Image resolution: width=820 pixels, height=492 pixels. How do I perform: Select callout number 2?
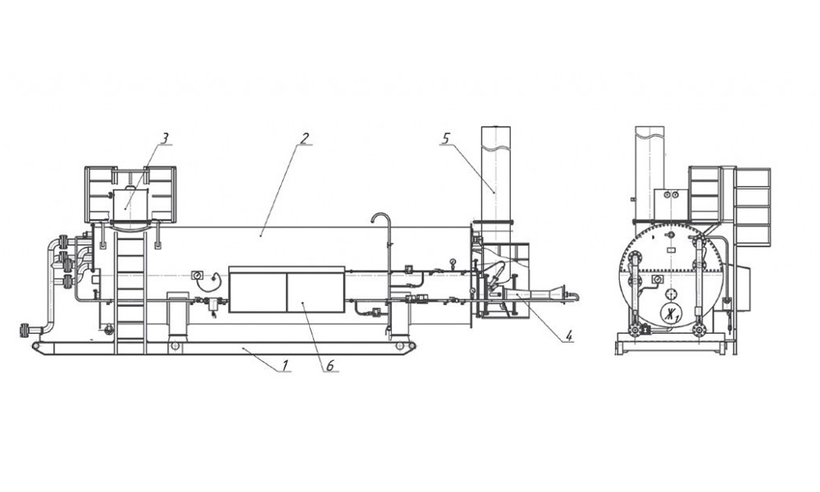304,139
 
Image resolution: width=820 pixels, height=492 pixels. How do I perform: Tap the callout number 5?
445,139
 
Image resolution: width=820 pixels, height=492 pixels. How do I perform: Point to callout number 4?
569,335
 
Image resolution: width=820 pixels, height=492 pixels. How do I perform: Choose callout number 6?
330,366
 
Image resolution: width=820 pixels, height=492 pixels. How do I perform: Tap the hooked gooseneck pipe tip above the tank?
372,220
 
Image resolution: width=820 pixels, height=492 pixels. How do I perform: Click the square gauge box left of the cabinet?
198,275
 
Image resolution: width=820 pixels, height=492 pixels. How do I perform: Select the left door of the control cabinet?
257,292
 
